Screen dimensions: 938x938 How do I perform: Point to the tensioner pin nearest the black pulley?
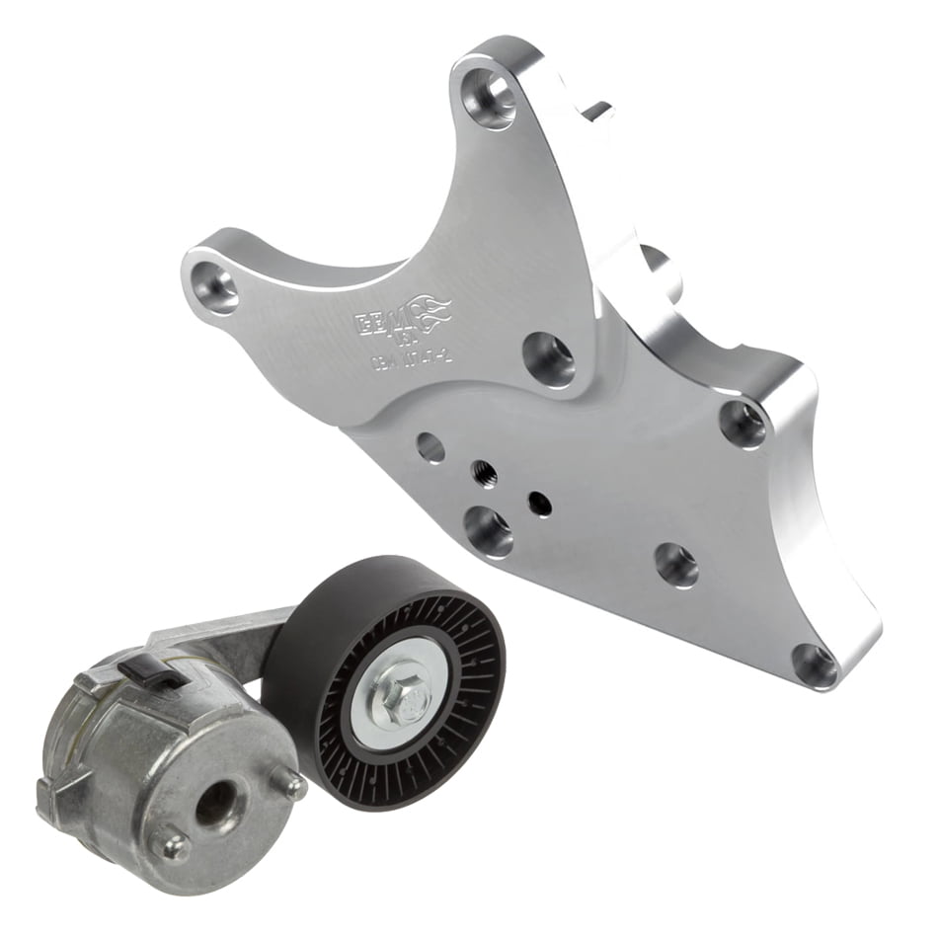(293, 784)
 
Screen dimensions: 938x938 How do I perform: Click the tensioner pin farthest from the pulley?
(171, 844)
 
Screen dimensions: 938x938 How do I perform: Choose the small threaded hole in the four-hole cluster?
(484, 471)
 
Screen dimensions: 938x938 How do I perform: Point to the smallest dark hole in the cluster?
(539, 503)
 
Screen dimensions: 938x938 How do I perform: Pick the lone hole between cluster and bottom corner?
(676, 565)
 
